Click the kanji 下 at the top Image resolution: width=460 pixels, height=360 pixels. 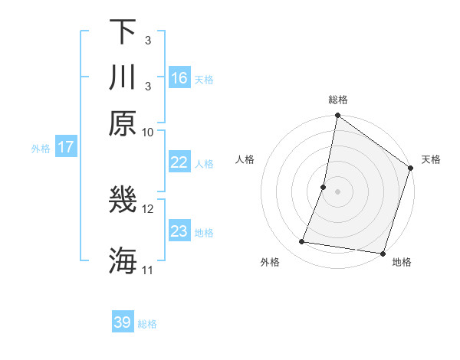tap(123, 32)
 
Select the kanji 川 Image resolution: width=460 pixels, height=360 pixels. tap(123, 77)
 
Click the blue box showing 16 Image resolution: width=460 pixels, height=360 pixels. tap(179, 78)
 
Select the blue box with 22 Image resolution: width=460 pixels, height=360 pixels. tap(179, 162)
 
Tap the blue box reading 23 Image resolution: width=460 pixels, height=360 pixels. tap(179, 231)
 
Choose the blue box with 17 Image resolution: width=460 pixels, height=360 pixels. tap(66, 147)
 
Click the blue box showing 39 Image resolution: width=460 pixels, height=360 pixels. tap(123, 322)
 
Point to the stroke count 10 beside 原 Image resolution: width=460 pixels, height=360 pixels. tap(148, 132)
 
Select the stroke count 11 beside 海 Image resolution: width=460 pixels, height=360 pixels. tap(148, 270)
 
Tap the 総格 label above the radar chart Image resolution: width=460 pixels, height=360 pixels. tap(338, 100)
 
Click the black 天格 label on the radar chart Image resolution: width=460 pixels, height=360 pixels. tap(431, 159)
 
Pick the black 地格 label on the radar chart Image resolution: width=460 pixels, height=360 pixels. tap(402, 262)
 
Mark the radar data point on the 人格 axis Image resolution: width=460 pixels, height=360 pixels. tap(324, 186)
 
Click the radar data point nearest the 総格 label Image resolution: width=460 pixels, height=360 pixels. tap(337, 116)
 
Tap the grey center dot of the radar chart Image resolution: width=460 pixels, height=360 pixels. tap(337, 191)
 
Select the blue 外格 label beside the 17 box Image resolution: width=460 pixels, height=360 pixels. tap(40, 149)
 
